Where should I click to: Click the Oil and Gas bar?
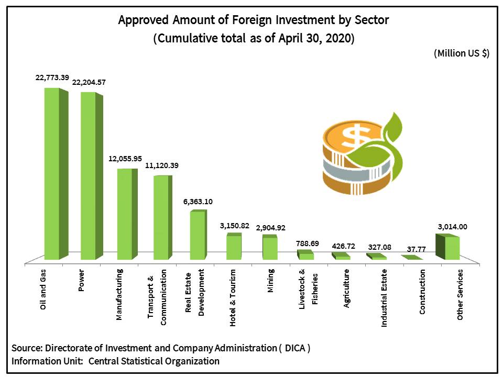51,174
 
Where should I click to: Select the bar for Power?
88,176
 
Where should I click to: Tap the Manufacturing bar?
124,214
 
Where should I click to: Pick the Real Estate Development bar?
197,236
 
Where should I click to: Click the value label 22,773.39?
52,77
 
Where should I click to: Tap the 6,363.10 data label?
198,202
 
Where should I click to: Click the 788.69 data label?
307,242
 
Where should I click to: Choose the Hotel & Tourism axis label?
233,298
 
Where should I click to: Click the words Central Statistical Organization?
154,361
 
